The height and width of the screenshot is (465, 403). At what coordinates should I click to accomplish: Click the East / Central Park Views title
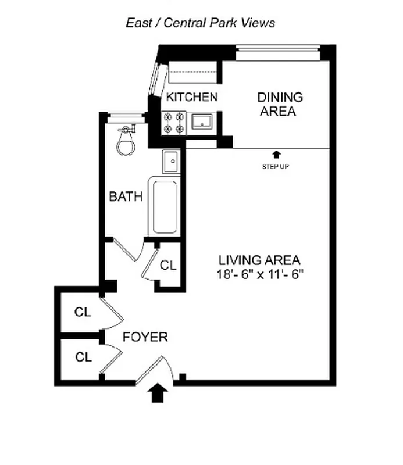coord(200,23)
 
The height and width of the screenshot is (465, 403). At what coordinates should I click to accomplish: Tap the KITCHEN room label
coord(192,97)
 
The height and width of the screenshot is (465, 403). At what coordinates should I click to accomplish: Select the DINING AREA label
coord(280,104)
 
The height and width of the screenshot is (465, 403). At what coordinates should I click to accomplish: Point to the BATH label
coord(126,196)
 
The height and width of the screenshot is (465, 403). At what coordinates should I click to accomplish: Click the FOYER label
coord(145,337)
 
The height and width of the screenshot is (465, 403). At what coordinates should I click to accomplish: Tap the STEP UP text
coord(276,167)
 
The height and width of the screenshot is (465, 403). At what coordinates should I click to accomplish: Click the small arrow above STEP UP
coord(276,155)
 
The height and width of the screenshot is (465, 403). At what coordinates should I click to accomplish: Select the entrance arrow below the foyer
coord(160,394)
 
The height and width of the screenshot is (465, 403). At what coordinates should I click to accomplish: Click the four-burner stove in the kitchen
coord(174,122)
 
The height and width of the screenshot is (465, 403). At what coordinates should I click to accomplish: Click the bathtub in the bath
coord(165,207)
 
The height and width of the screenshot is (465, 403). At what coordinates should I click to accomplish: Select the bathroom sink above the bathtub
coord(172,160)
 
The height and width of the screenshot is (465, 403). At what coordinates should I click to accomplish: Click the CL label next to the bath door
coord(168,266)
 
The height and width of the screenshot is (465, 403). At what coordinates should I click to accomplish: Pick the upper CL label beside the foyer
coord(83,312)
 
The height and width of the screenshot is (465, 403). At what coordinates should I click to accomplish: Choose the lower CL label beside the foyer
coord(83,357)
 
